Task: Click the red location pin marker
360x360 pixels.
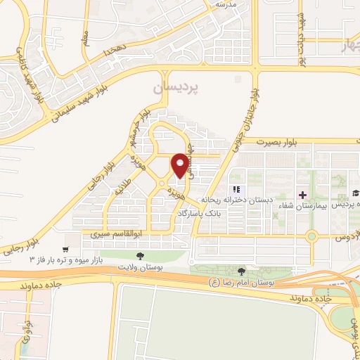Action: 181,165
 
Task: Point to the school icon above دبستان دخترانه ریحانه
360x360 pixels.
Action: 236,189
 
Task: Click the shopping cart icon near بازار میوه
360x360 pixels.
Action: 65,248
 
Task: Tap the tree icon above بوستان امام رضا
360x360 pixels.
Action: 242,271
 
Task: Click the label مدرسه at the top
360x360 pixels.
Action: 224,4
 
